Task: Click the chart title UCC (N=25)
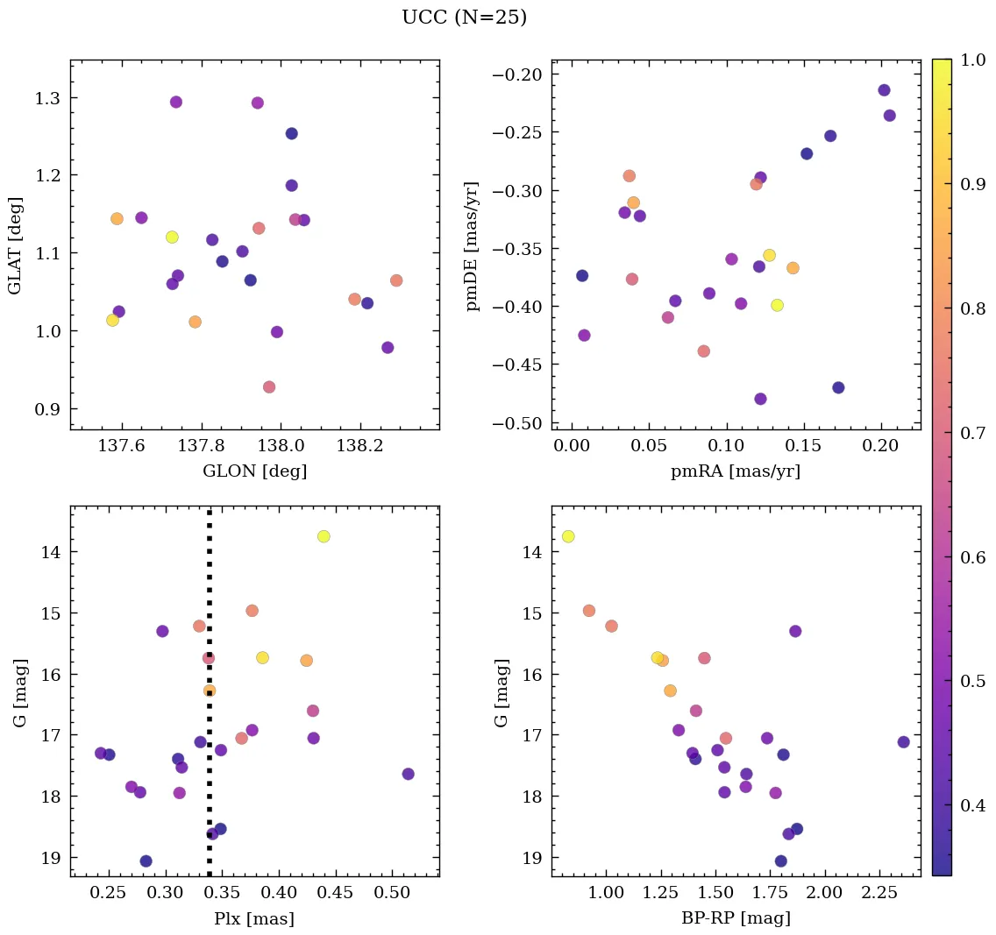point(464,18)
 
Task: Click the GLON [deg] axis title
point(254,471)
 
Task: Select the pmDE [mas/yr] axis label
point(473,246)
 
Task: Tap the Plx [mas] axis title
point(254,918)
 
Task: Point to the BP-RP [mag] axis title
point(736,918)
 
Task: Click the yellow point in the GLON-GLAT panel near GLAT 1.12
point(172,237)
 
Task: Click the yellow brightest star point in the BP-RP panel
point(568,536)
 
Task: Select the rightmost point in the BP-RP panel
point(903,742)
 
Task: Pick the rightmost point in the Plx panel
point(408,774)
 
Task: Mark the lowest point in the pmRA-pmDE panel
point(760,399)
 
